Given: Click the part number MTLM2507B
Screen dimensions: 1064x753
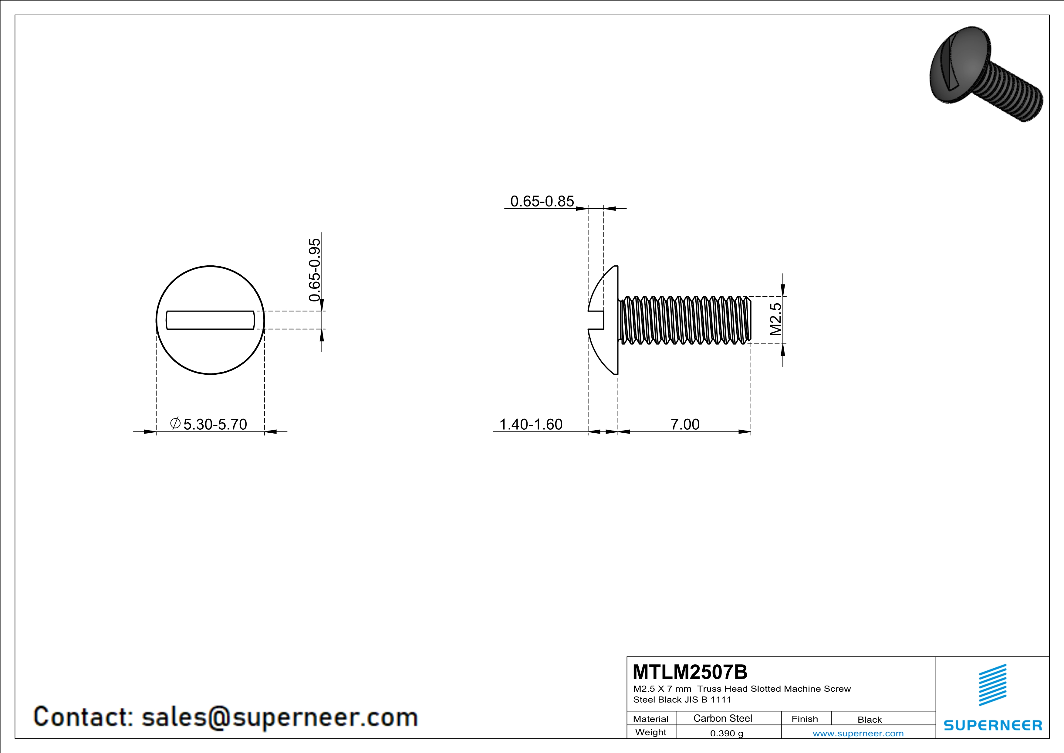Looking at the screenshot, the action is [x=690, y=672].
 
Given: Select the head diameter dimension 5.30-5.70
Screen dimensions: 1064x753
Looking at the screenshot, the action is [x=215, y=424].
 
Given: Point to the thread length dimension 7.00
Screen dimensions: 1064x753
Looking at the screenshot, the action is [x=685, y=424].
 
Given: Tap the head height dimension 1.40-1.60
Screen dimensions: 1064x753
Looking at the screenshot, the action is [x=531, y=424].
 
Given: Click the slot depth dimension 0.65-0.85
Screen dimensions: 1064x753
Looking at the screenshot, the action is [x=542, y=201].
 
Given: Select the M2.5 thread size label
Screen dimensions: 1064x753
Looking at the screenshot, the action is [x=775, y=319].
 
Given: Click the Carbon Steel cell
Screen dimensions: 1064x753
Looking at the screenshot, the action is [x=722, y=718].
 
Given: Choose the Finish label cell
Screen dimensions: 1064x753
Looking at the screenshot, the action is [x=805, y=719].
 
